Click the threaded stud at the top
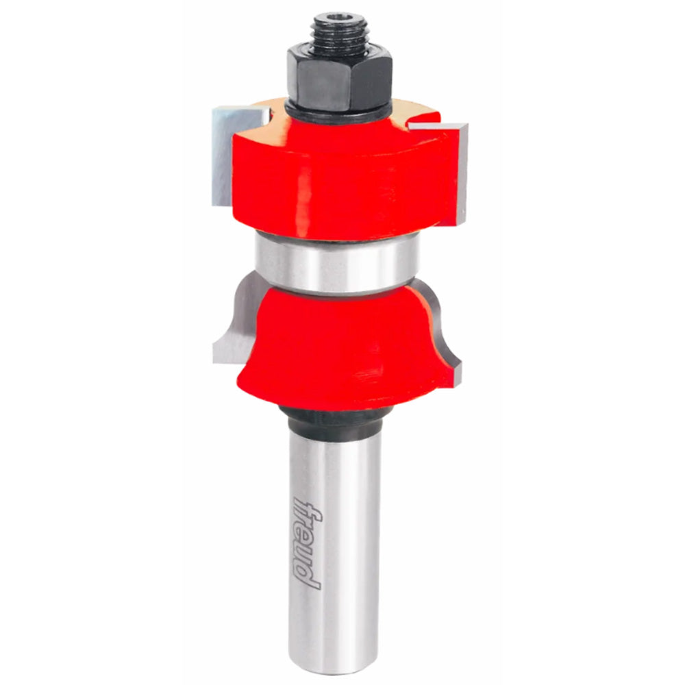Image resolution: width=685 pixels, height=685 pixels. [x=340, y=31]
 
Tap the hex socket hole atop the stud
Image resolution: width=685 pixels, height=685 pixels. [x=340, y=20]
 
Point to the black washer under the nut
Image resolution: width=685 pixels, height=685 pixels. [x=337, y=114]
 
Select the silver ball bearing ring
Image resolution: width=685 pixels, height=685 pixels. [x=337, y=264]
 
